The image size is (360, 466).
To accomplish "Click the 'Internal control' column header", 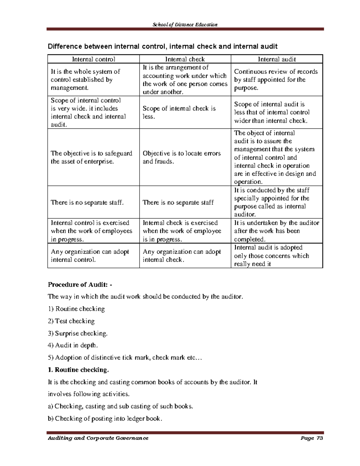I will (x=93, y=59).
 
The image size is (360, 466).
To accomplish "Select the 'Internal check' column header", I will (x=185, y=59).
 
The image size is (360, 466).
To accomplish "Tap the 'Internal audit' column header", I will (x=277, y=59).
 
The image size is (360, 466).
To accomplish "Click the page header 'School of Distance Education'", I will (x=185, y=25).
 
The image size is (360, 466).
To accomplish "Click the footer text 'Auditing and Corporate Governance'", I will (x=98, y=438).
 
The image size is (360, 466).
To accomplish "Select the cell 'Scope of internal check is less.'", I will (x=179, y=112).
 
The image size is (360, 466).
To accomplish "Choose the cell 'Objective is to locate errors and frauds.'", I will (x=181, y=157).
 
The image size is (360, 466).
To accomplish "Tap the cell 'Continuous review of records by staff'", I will (x=276, y=80).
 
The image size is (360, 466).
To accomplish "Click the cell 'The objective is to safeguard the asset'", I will (x=91, y=157).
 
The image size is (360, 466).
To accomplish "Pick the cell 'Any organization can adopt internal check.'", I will (x=181, y=255).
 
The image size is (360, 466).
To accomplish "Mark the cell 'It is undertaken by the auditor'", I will (x=276, y=231).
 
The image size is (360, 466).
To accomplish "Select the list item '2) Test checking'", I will (x=71, y=321).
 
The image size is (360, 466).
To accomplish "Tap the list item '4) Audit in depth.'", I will (x=73, y=345).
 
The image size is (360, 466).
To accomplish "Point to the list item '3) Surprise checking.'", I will (x=77, y=333).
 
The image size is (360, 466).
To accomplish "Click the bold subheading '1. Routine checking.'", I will (x=78, y=370).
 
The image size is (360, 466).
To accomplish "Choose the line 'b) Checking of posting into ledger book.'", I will (x=105, y=418).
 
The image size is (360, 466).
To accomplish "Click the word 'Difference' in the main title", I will (x=65, y=46).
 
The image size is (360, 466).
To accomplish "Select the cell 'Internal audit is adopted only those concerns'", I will (x=271, y=256).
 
